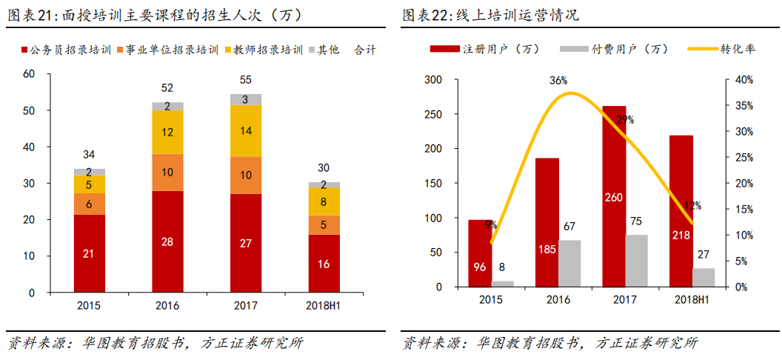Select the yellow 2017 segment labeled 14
[x=246, y=130]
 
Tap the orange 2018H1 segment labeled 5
[x=324, y=224]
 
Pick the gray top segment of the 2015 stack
[x=89, y=172]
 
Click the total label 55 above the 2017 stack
[x=246, y=80]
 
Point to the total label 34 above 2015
[x=89, y=155]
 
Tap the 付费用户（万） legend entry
[x=614, y=49]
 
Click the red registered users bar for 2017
[x=614, y=196]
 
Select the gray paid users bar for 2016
[x=570, y=263]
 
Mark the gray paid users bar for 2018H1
[x=704, y=277]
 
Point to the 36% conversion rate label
[x=558, y=80]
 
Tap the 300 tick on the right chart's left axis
[x=431, y=80]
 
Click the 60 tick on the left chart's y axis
[x=30, y=74]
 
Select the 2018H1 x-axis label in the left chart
[x=324, y=304]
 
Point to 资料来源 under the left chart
[x=34, y=344]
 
